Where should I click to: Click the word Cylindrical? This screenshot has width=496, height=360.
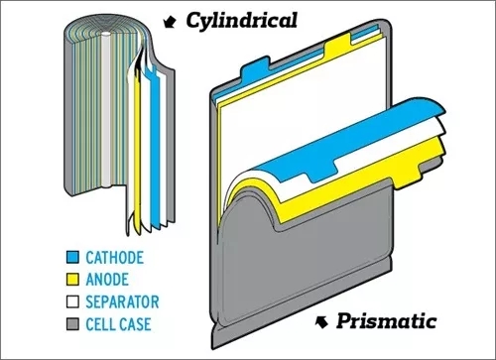[x=241, y=22]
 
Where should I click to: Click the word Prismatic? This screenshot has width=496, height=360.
[x=386, y=320]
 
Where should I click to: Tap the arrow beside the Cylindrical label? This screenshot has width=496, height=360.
[x=170, y=22]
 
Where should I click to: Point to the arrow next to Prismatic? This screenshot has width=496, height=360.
[x=321, y=321]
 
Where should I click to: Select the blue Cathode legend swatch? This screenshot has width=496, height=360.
[x=72, y=257]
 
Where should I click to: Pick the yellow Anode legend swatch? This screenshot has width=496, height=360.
[x=72, y=280]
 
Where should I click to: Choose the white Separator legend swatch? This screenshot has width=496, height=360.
[x=72, y=301]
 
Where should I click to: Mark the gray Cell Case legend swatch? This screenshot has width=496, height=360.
[x=72, y=324]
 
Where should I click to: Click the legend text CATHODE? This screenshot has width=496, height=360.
[x=115, y=258]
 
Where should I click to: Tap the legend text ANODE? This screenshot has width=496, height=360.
[x=107, y=280]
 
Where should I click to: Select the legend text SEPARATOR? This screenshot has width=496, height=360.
[x=122, y=301]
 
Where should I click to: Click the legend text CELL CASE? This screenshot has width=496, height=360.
[x=118, y=324]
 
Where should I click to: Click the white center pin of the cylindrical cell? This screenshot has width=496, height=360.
[x=106, y=109]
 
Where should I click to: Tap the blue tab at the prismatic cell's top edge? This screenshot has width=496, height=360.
[x=255, y=70]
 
